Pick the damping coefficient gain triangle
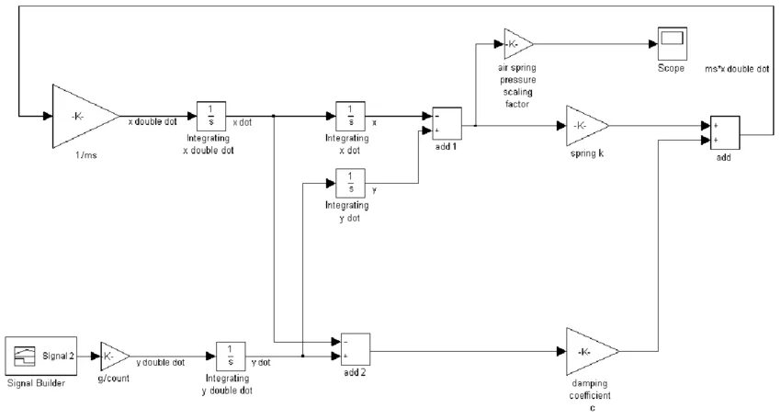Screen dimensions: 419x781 (590, 351)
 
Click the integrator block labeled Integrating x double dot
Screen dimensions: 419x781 (210, 117)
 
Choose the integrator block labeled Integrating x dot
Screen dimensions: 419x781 (350, 117)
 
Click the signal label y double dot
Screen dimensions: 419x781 (161, 362)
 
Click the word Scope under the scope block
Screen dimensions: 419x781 (671, 68)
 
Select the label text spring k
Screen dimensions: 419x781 (586, 153)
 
